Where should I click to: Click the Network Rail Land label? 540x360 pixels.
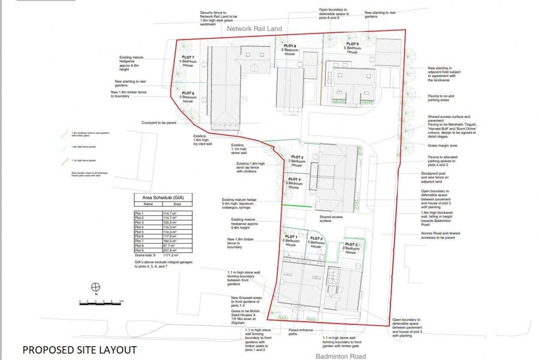pyautogui.click(x=254, y=29)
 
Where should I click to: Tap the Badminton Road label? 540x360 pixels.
pyautogui.click(x=340, y=356)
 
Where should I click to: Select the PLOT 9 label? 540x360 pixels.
pyautogui.click(x=352, y=44)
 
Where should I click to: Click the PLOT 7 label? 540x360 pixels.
pyautogui.click(x=188, y=57)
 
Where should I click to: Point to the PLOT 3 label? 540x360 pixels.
pyautogui.click(x=351, y=244)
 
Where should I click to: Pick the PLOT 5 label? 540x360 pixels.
pyautogui.click(x=297, y=157)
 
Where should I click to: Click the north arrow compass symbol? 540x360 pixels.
pyautogui.click(x=96, y=287)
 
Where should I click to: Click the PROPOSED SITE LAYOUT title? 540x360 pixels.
pyautogui.click(x=79, y=350)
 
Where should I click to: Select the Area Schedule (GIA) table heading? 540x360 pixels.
pyautogui.click(x=163, y=198)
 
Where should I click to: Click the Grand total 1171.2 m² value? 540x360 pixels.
pyautogui.click(x=171, y=255)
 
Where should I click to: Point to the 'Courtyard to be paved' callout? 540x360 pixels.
pyautogui.click(x=159, y=123)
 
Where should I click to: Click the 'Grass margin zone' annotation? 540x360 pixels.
pyautogui.click(x=442, y=146)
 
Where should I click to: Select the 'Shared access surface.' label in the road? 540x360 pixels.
pyautogui.click(x=331, y=219)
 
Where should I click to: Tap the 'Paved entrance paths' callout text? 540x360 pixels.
pyautogui.click(x=300, y=332)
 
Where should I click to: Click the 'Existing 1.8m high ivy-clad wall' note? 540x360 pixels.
pyautogui.click(x=202, y=140)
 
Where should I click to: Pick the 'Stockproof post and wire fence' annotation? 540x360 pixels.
pyautogui.click(x=435, y=177)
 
